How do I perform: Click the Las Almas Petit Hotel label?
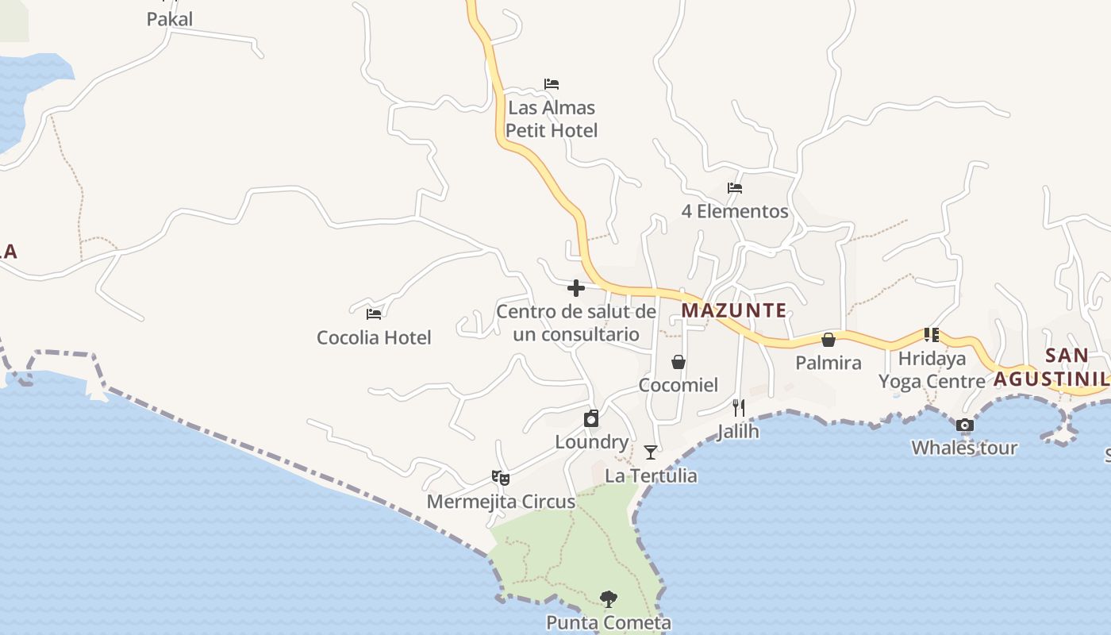click(552, 119)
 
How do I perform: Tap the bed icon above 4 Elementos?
click(735, 188)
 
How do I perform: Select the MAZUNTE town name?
click(734, 310)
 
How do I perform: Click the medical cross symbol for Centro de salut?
click(576, 288)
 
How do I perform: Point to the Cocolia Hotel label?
click(374, 337)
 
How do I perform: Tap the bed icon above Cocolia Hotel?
click(374, 314)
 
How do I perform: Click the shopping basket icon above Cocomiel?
click(679, 362)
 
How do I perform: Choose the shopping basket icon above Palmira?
click(828, 340)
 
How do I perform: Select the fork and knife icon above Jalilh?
click(738, 408)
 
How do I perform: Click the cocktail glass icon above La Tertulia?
click(651, 452)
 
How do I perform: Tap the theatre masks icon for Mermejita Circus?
click(500, 477)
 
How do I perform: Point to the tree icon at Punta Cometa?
click(609, 599)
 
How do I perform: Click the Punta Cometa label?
click(609, 623)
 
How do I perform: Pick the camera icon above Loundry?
click(591, 418)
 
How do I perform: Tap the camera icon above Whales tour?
click(964, 425)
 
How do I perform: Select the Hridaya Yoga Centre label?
click(932, 370)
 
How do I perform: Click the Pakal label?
click(170, 19)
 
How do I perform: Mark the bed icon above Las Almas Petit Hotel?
click(552, 84)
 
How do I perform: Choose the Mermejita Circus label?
click(501, 502)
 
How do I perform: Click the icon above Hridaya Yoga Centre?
click(931, 335)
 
